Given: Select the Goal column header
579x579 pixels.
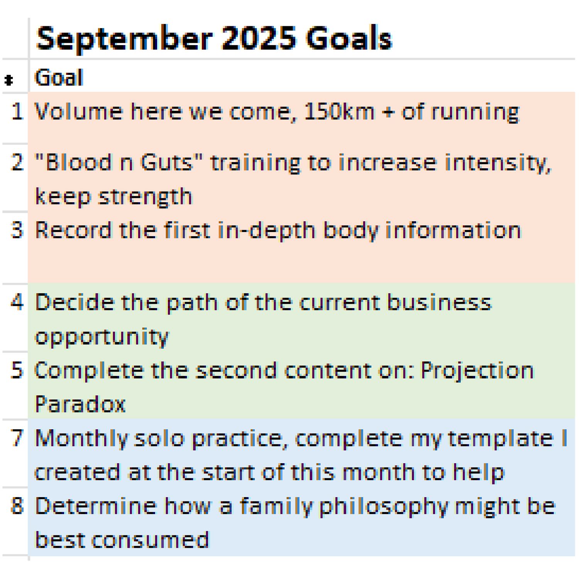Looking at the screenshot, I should click(x=59, y=77).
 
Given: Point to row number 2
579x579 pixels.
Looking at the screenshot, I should click(x=17, y=162).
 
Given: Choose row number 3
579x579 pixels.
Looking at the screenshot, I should click(x=17, y=230).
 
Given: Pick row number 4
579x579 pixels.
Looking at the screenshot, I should click(x=17, y=302).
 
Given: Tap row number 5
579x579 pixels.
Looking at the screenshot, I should click(x=17, y=370).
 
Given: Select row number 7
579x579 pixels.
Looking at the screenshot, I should click(x=17, y=438).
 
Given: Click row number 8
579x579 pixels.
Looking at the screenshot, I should click(x=17, y=506).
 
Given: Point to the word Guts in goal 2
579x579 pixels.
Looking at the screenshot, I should click(x=166, y=162).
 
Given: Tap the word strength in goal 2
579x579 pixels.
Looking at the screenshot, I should click(x=145, y=196).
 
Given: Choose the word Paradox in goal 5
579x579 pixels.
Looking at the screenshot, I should click(x=80, y=404).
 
